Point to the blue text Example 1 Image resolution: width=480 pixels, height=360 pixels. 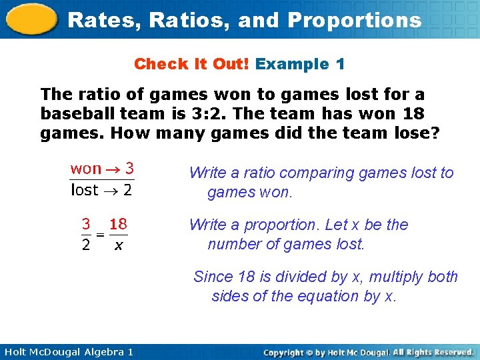point(300,64)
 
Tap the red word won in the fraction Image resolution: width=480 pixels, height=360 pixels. point(86,169)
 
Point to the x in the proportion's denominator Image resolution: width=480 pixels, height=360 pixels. point(118,245)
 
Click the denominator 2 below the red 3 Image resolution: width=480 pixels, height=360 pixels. point(86,245)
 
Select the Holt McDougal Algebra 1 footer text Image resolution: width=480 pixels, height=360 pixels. point(67,351)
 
